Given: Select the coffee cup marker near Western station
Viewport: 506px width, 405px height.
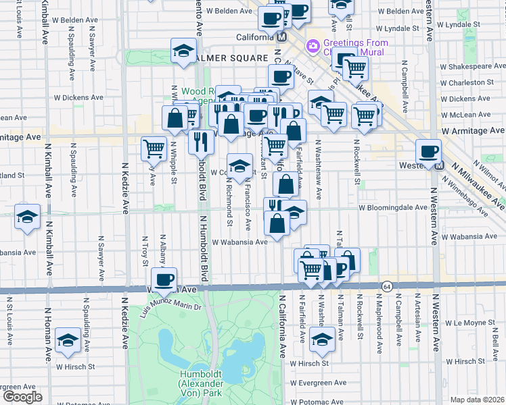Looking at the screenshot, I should (428, 151).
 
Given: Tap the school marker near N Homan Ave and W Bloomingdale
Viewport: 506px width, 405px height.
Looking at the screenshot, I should (27, 217).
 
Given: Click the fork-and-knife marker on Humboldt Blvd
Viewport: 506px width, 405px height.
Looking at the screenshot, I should (200, 142).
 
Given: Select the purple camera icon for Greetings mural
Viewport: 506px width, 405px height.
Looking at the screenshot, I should (313, 47).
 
